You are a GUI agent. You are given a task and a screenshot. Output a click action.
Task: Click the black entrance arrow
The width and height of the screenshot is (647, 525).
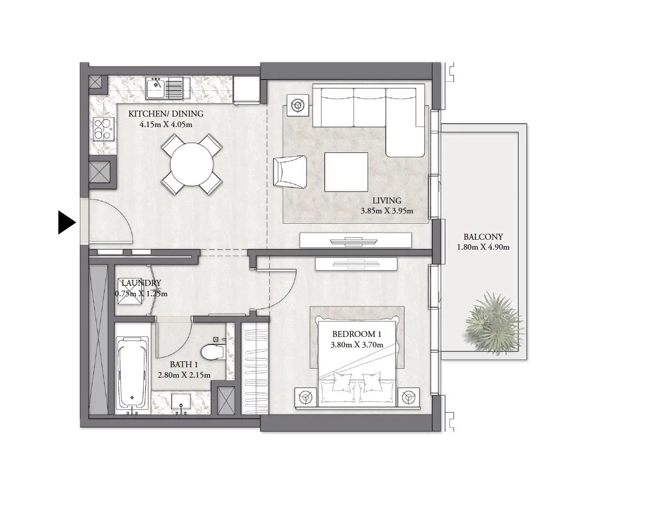tap(65, 222)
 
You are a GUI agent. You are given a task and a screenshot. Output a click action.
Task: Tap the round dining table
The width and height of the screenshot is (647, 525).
tap(192, 164)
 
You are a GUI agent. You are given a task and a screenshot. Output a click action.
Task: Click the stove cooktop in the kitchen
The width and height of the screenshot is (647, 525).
tap(104, 129)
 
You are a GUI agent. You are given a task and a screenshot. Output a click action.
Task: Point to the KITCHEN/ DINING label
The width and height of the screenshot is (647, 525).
tap(166, 114)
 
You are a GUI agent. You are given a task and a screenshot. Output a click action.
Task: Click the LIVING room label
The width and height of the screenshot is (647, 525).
tap(387, 200)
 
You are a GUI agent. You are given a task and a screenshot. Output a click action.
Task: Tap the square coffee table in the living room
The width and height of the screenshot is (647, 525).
tap(346, 172)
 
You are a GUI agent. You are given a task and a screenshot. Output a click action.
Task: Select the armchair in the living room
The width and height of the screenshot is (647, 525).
tap(290, 172)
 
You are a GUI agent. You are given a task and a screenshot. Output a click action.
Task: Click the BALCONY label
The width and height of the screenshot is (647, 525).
tap(483, 237)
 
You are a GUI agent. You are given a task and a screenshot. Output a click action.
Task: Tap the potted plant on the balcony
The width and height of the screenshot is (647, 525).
tap(494, 323)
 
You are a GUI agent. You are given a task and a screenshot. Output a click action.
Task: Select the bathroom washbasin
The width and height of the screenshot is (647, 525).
tap(181, 401)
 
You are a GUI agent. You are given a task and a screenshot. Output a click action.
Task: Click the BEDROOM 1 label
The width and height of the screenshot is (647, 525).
tap(357, 334)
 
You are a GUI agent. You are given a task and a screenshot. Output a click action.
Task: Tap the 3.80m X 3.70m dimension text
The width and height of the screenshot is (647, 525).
tap(357, 345)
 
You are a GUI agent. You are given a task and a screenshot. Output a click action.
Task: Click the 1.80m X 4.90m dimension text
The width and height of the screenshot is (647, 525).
tap(483, 247)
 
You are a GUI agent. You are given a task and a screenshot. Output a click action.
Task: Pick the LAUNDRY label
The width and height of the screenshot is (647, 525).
tap(141, 283)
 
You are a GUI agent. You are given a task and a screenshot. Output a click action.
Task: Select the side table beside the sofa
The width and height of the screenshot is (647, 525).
tap(298, 105)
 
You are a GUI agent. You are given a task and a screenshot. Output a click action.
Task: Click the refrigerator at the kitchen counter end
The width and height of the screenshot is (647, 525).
tap(246, 90)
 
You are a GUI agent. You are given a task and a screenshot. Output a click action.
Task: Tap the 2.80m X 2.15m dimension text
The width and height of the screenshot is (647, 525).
tap(184, 375)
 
